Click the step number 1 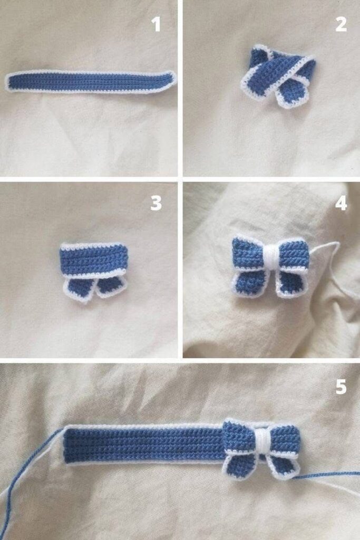[156, 24]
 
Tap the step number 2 [340, 24]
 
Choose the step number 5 [340, 387]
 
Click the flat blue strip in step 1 [91, 82]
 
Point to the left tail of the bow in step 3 [77, 288]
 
